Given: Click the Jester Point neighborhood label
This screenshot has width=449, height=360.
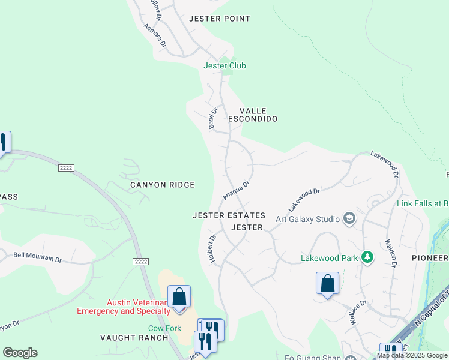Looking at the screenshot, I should (219, 19).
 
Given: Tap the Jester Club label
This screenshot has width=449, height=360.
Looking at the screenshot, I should (224, 65).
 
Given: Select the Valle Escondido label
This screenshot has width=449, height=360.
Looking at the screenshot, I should (258, 115).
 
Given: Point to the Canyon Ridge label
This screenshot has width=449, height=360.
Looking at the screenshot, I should (162, 185).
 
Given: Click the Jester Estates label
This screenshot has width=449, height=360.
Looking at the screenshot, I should (229, 215).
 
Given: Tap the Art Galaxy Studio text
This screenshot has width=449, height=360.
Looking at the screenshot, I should (307, 218).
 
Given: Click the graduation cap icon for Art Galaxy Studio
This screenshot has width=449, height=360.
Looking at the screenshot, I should (349, 218).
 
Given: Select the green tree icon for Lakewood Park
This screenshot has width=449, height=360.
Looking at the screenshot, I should (367, 258).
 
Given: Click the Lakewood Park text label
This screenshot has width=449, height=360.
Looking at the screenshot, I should (329, 259).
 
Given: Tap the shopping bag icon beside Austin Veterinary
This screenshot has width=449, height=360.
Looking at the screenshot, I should (179, 296).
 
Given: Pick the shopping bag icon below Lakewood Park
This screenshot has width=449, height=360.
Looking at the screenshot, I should (328, 283).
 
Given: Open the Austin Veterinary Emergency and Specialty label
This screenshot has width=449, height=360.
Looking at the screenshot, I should (124, 307).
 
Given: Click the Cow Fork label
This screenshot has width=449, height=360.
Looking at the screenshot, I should (164, 328).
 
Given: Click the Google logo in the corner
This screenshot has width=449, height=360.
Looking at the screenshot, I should (20, 353).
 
